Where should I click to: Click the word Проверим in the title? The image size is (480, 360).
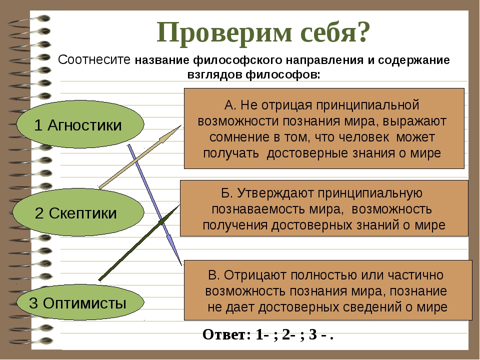click(224, 33)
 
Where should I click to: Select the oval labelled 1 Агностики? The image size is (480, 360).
click(80, 124)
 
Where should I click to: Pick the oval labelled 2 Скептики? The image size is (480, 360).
click(78, 212)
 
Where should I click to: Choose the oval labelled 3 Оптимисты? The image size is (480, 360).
click(80, 302)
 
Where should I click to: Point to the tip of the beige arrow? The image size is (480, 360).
click(181, 125)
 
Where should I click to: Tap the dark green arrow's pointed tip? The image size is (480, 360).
click(179, 205)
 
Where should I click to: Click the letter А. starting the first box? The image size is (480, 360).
click(230, 105)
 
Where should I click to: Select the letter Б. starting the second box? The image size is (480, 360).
click(227, 193)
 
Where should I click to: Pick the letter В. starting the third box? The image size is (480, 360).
click(213, 275)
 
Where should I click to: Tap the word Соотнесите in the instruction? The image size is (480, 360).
click(94, 59)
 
